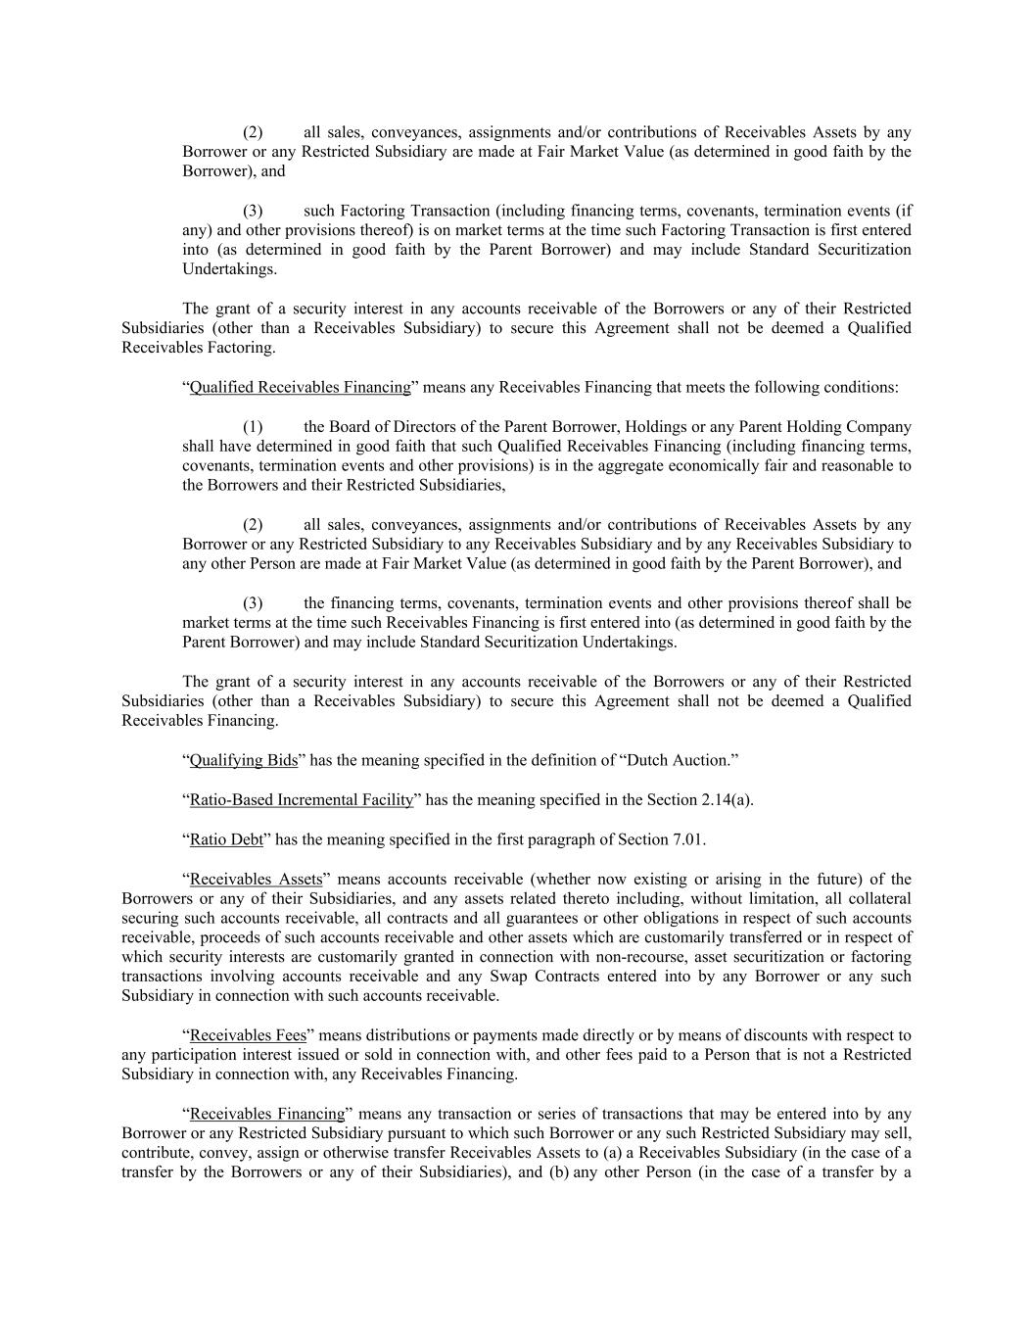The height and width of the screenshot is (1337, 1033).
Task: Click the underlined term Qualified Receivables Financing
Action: (x=300, y=387)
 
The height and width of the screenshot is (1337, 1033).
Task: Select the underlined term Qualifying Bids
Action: (x=244, y=760)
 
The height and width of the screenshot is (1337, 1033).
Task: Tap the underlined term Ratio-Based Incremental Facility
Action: (x=302, y=799)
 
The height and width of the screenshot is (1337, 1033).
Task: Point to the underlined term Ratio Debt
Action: (x=226, y=839)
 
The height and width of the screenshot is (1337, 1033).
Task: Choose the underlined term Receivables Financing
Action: (x=267, y=1114)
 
